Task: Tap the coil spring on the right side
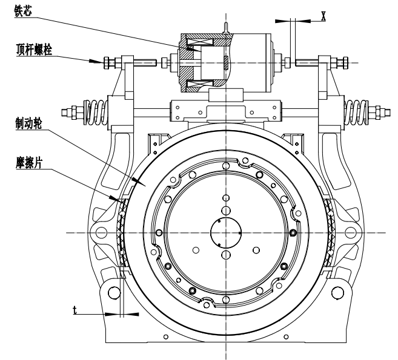coord(353,112)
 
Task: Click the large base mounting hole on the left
coord(113,293)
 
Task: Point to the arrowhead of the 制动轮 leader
coord(142,181)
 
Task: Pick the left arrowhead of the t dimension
coord(111,313)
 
